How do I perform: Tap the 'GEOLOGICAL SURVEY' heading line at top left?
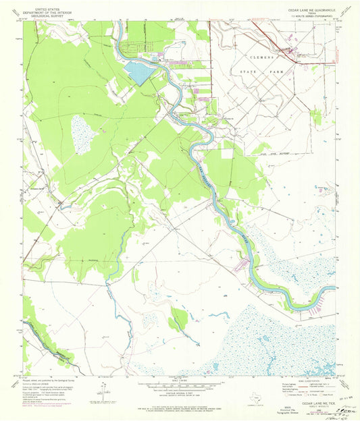[41, 13]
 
